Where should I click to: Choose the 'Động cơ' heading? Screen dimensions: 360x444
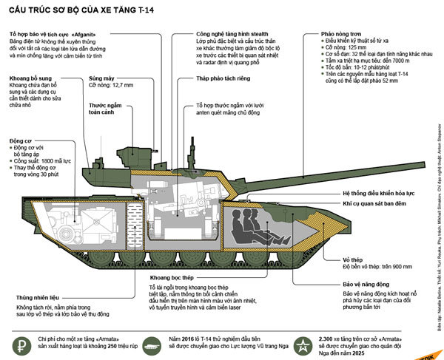[21, 140]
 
